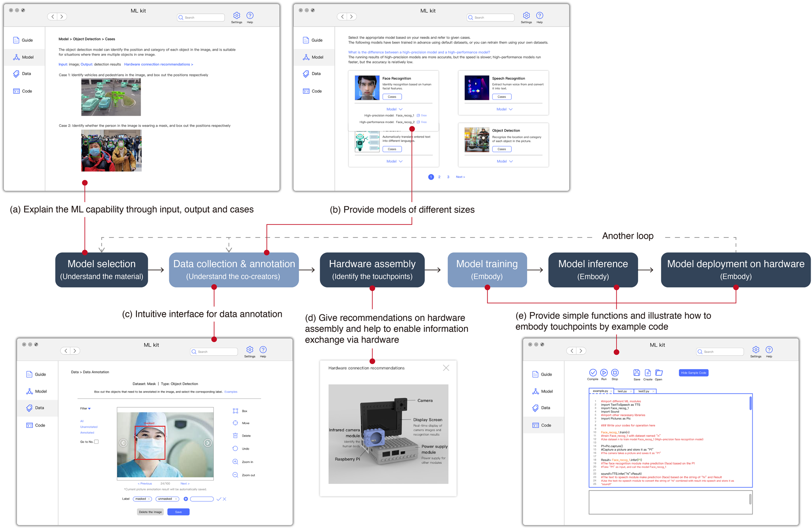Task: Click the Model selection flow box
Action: [101, 270]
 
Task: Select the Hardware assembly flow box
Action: [372, 270]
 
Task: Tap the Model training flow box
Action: [487, 270]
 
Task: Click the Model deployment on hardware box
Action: [735, 270]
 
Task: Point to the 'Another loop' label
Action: [627, 236]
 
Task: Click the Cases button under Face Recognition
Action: [392, 97]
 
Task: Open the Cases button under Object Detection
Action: [501, 149]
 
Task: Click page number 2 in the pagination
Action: [439, 177]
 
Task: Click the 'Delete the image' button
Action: [150, 512]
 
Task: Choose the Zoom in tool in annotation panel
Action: [236, 462]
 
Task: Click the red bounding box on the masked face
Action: [150, 443]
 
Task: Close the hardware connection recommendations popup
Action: [446, 368]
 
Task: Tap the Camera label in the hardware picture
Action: [425, 401]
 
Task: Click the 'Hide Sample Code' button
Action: [693, 373]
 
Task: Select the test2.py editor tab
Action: [644, 391]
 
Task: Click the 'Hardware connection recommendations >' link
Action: [158, 64]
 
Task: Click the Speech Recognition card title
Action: [508, 79]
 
